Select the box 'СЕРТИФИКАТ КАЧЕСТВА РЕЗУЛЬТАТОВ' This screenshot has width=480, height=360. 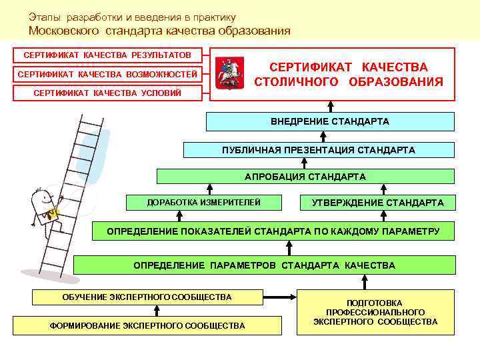(107, 54)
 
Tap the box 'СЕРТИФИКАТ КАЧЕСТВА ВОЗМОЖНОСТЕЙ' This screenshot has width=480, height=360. (107, 73)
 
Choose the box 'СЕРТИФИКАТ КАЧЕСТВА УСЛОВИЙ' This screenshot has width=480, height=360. (107, 93)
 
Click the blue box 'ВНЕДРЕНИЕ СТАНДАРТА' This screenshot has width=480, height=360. (330, 121)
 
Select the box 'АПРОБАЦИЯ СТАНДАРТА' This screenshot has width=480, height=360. (305, 177)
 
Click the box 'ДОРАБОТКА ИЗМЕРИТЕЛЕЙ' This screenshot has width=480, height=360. (203, 202)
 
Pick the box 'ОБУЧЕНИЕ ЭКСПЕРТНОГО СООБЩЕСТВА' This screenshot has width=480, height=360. (147, 297)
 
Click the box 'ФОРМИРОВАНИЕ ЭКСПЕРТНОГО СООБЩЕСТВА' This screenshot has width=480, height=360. (147, 325)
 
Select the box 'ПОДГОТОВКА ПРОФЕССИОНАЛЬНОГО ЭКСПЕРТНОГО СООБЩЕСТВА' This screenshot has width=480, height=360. (375, 312)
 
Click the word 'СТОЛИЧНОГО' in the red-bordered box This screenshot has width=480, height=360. (296, 82)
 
